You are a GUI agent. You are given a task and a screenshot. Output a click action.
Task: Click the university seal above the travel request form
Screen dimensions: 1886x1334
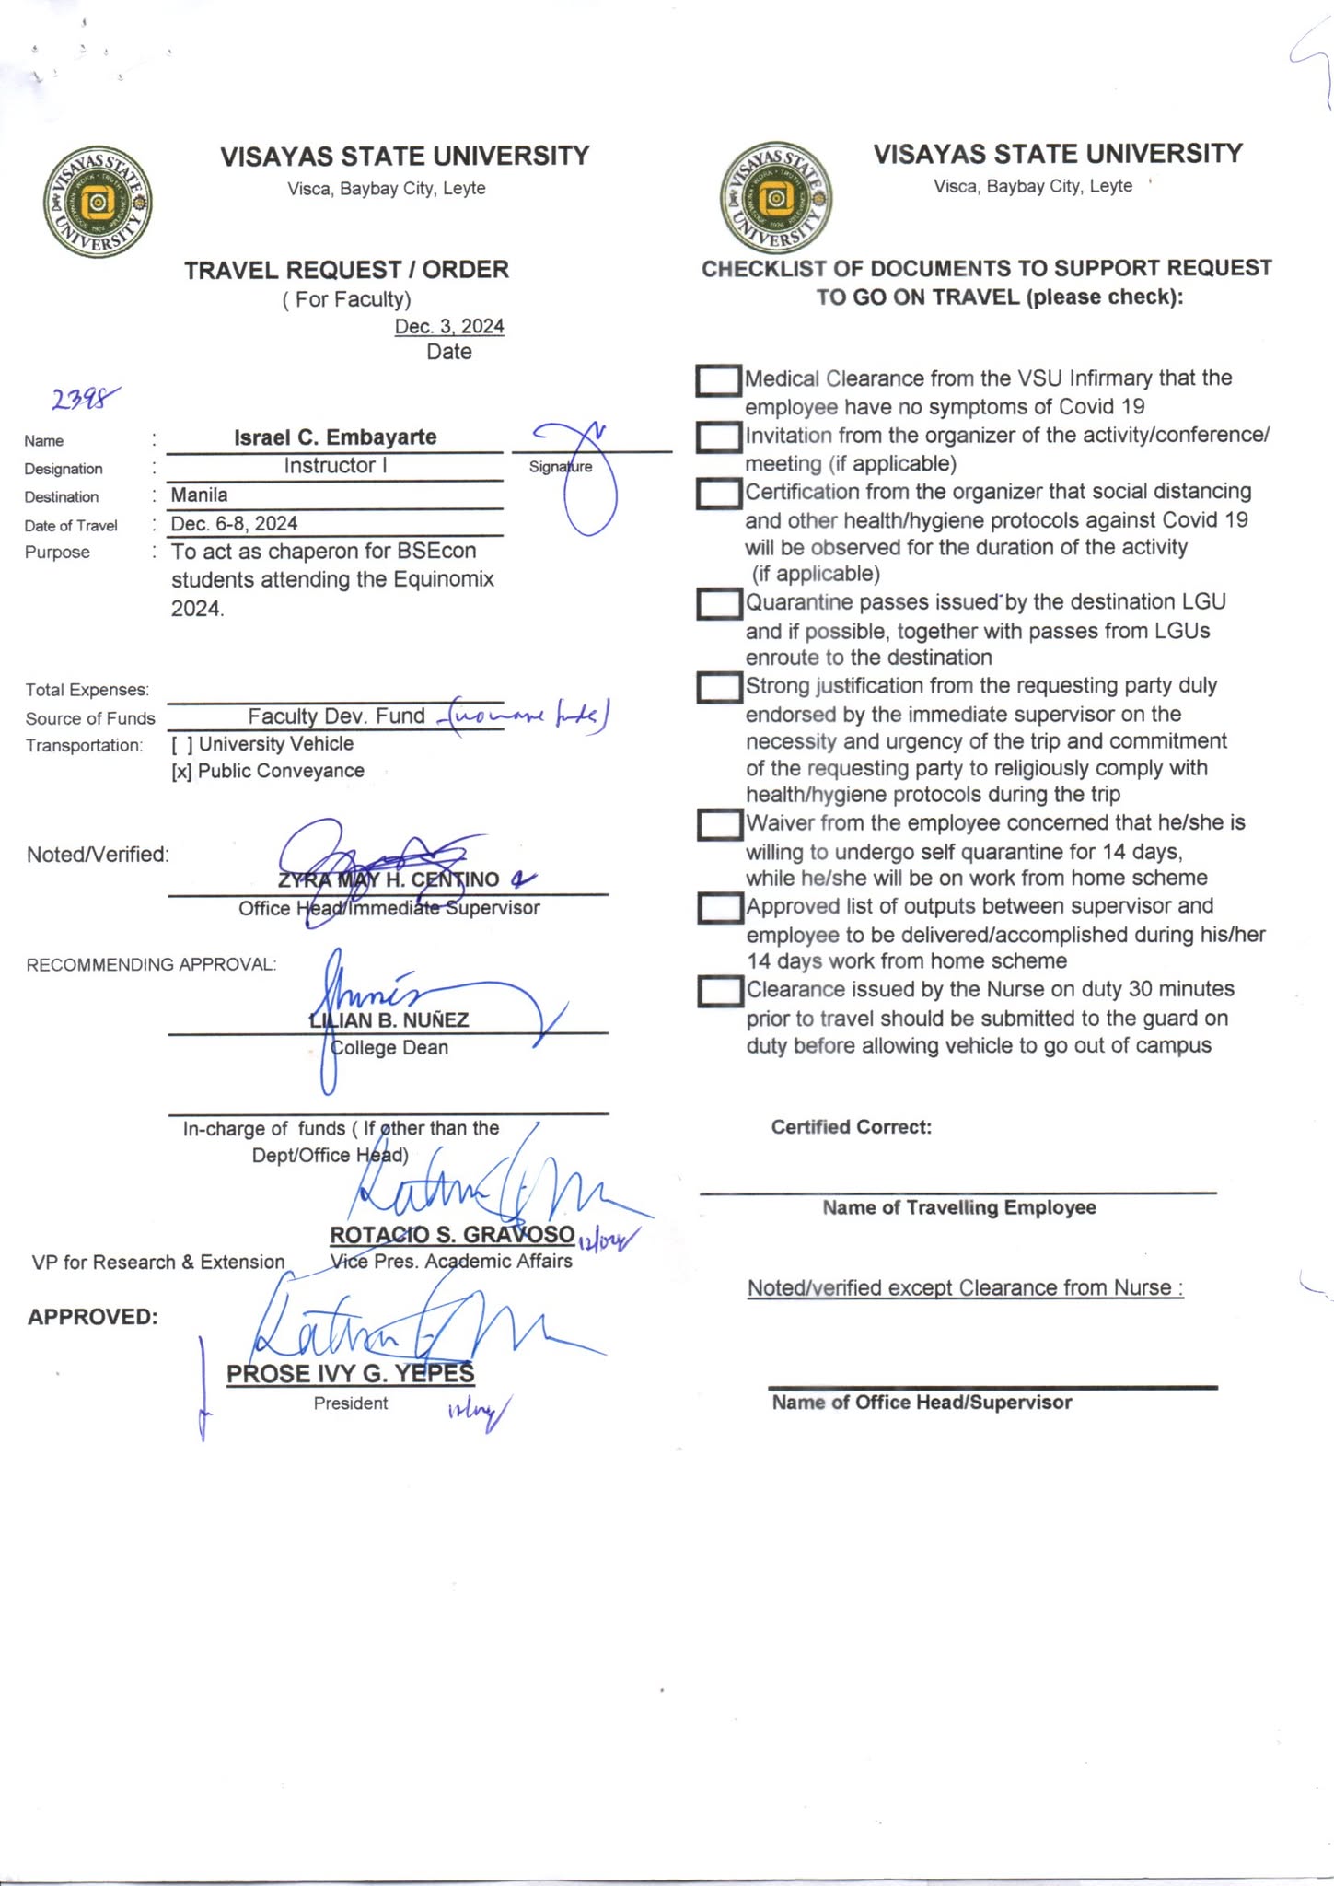98,202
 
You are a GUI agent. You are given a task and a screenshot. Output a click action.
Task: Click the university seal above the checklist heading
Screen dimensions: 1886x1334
776,198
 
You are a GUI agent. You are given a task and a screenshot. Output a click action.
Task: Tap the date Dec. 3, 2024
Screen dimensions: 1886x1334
449,326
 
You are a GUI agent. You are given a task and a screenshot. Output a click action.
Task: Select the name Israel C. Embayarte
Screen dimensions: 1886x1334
335,437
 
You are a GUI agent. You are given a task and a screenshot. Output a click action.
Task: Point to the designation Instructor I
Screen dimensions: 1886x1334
335,465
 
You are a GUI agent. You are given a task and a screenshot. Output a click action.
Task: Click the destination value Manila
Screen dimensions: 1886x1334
200,495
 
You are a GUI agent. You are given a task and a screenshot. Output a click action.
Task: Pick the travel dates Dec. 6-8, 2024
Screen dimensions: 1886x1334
235,523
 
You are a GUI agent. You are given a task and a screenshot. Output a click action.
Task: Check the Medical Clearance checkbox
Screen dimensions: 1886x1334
718,380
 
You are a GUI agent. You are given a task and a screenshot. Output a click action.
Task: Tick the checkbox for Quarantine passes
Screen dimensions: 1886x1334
718,604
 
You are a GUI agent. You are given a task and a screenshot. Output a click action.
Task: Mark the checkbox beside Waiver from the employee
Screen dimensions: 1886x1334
718,824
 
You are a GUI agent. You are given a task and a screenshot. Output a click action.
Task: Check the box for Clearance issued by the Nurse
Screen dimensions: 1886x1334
718,992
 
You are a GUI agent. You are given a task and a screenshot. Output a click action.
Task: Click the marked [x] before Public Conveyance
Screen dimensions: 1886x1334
181,771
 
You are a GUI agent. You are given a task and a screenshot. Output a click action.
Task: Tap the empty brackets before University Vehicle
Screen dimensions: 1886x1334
181,744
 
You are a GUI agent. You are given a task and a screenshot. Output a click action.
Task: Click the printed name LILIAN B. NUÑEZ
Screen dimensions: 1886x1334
389,1019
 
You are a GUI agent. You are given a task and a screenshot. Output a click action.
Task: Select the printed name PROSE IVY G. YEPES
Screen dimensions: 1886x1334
350,1373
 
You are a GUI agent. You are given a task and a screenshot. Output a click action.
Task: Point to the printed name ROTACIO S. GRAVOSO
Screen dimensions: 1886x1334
452,1234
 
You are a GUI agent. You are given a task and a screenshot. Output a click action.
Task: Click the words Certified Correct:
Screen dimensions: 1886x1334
852,1127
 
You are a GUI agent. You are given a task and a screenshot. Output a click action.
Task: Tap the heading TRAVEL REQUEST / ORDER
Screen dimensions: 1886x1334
346,270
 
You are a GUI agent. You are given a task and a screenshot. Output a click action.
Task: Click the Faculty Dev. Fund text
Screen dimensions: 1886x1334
336,716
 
